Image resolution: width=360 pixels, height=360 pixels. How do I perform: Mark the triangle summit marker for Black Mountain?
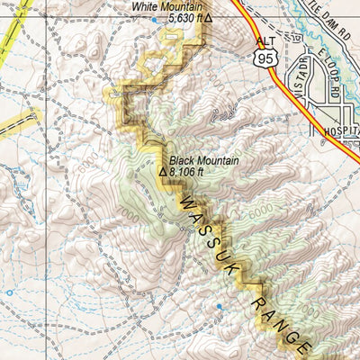(163, 171)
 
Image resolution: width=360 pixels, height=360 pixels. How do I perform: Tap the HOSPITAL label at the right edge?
(342, 130)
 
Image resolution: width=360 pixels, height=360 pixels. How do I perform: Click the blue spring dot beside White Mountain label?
(154, 19)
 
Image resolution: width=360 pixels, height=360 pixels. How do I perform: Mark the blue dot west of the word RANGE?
(219, 307)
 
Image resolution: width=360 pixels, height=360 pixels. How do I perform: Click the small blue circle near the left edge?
(10, 292)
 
